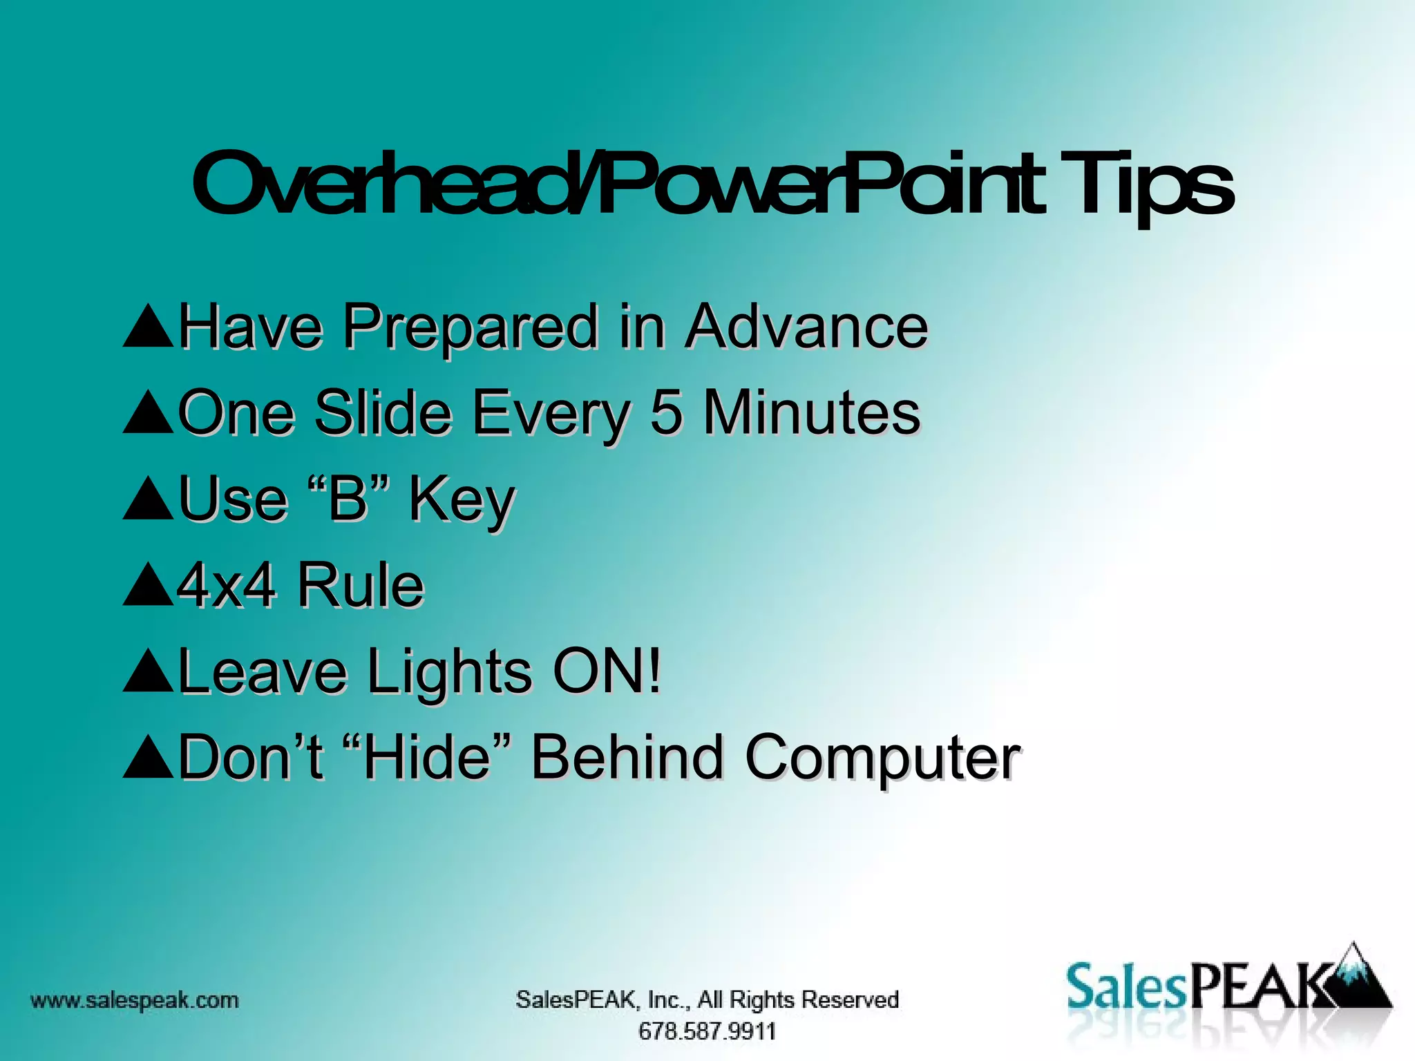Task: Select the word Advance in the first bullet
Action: pyautogui.click(x=806, y=326)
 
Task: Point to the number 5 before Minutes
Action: pyautogui.click(x=666, y=412)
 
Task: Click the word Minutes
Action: pyautogui.click(x=811, y=412)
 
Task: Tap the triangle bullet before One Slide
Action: pyautogui.click(x=148, y=413)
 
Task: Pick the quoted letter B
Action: pyautogui.click(x=349, y=498)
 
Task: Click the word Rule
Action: pyautogui.click(x=361, y=586)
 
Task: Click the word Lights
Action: pyautogui.click(x=449, y=673)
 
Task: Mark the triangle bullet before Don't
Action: pyautogui.click(x=148, y=758)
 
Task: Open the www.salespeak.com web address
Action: pyautogui.click(x=135, y=1000)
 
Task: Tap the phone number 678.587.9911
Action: pyautogui.click(x=707, y=1031)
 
